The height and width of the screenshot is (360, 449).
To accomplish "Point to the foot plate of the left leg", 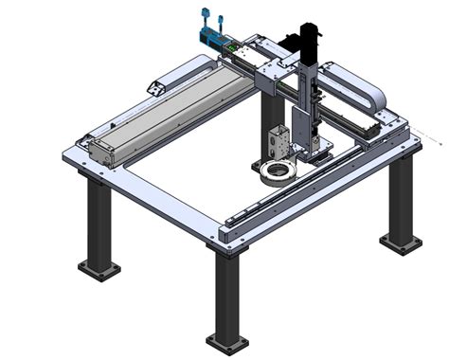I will [x=99, y=272].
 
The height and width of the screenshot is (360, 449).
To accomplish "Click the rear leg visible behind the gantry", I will [x=268, y=118].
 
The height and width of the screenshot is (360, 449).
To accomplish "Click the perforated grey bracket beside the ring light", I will [x=280, y=142].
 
